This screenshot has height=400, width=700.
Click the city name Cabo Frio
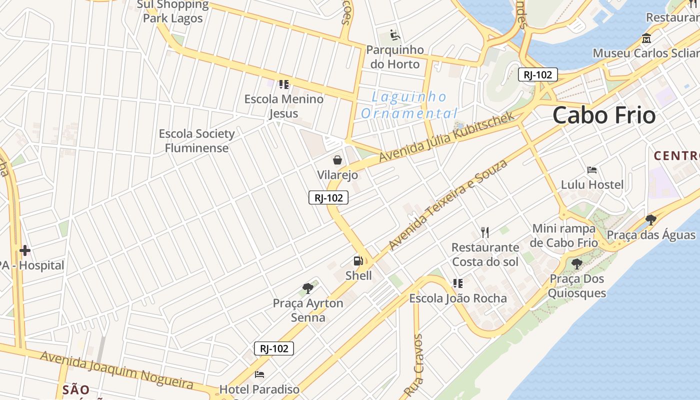[x=603, y=115]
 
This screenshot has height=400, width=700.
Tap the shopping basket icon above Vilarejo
[x=337, y=160]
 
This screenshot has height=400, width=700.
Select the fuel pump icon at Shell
[x=358, y=260]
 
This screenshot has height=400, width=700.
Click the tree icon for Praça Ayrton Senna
[x=308, y=288]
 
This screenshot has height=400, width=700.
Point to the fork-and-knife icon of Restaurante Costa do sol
[x=484, y=232]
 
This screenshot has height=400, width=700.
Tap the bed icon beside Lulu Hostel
[x=592, y=170]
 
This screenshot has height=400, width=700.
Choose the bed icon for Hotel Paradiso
[x=259, y=374]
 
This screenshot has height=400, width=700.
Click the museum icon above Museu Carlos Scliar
[x=646, y=38]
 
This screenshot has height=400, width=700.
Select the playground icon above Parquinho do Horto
[x=395, y=35]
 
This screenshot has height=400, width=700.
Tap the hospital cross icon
[x=25, y=250]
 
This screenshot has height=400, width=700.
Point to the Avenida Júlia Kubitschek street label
[x=446, y=136]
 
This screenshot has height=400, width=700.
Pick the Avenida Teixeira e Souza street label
[x=448, y=204]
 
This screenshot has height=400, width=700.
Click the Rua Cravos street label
[x=414, y=365]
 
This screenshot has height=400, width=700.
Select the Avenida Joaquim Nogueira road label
[x=116, y=370]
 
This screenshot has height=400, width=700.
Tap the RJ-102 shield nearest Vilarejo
[x=328, y=198]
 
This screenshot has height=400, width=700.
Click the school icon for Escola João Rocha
[x=457, y=283]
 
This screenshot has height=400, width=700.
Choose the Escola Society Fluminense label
[x=196, y=140]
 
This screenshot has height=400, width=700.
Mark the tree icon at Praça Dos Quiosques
[x=576, y=263]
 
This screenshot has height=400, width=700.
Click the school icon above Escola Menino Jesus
[x=284, y=84]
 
